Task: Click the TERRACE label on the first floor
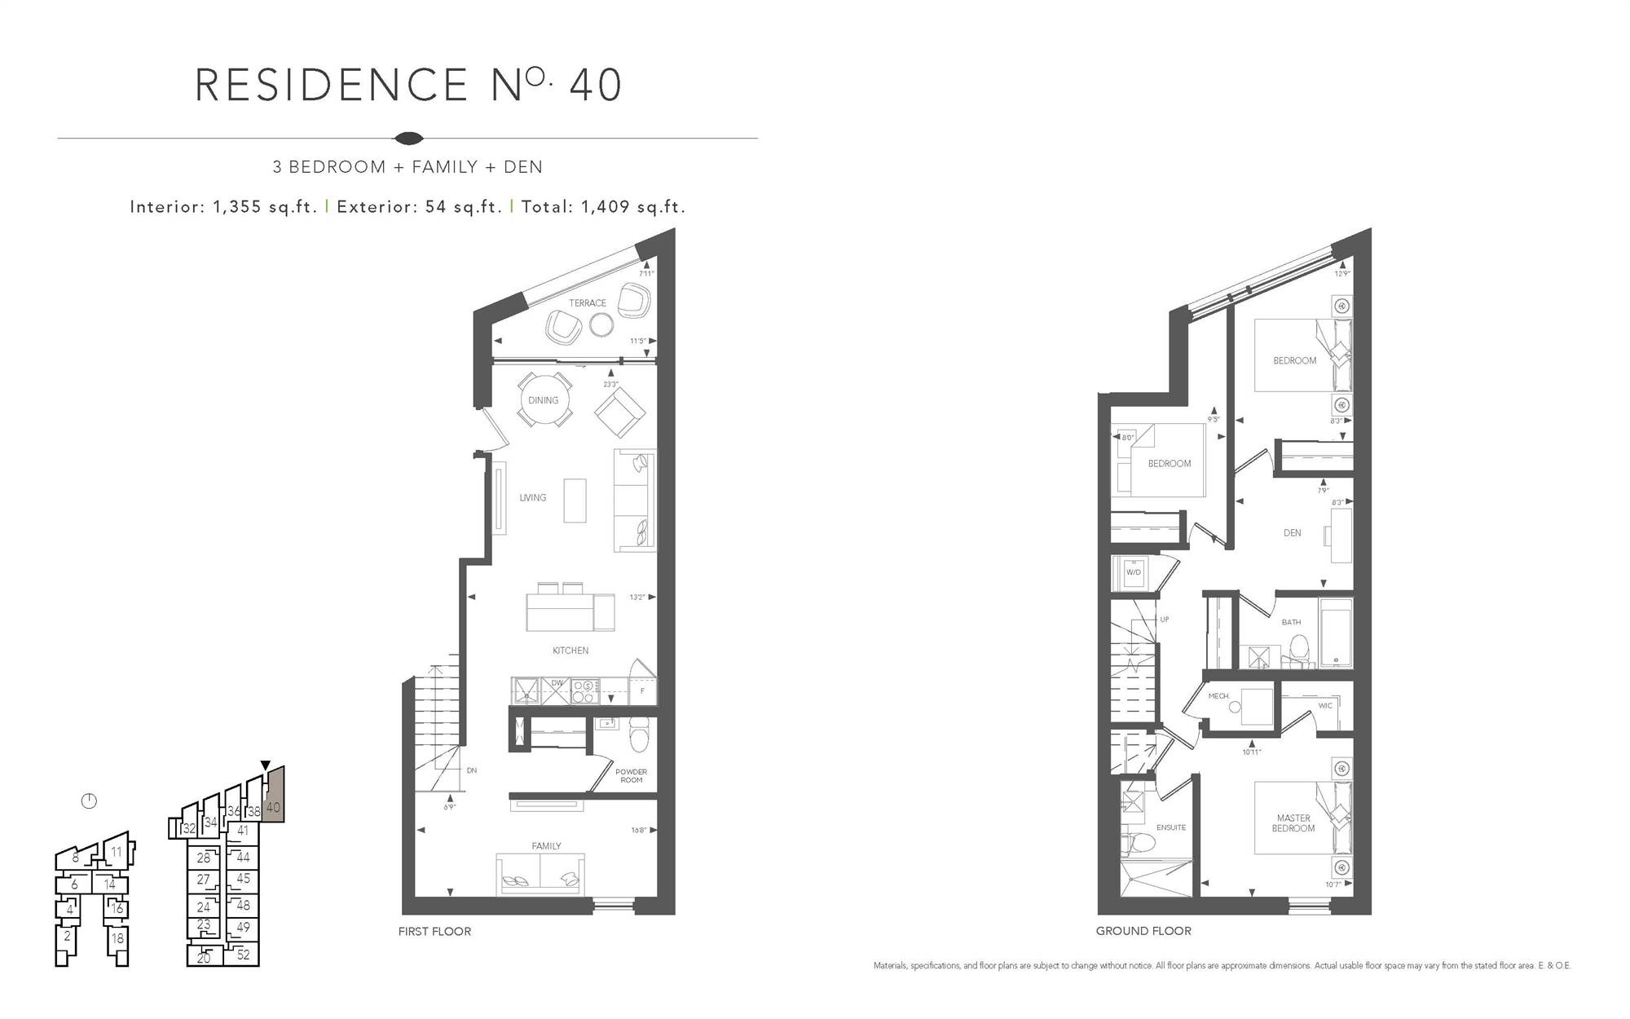tap(588, 303)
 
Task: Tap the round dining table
tap(544, 400)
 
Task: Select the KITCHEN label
tap(570, 651)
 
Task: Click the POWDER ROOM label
tap(631, 776)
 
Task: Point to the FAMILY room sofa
tap(540, 874)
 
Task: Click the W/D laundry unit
tap(1134, 573)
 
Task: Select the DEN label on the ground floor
tap(1293, 533)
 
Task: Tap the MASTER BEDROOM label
tap(1293, 823)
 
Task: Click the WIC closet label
tap(1325, 706)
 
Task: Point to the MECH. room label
tap(1218, 696)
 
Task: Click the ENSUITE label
tap(1171, 827)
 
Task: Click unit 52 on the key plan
tap(243, 955)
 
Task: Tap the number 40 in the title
tap(596, 86)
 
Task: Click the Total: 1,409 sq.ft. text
tap(603, 207)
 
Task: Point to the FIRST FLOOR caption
tap(434, 931)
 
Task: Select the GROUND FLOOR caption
tap(1143, 931)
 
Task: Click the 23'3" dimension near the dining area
tap(611, 384)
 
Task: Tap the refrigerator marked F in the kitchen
tap(642, 691)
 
